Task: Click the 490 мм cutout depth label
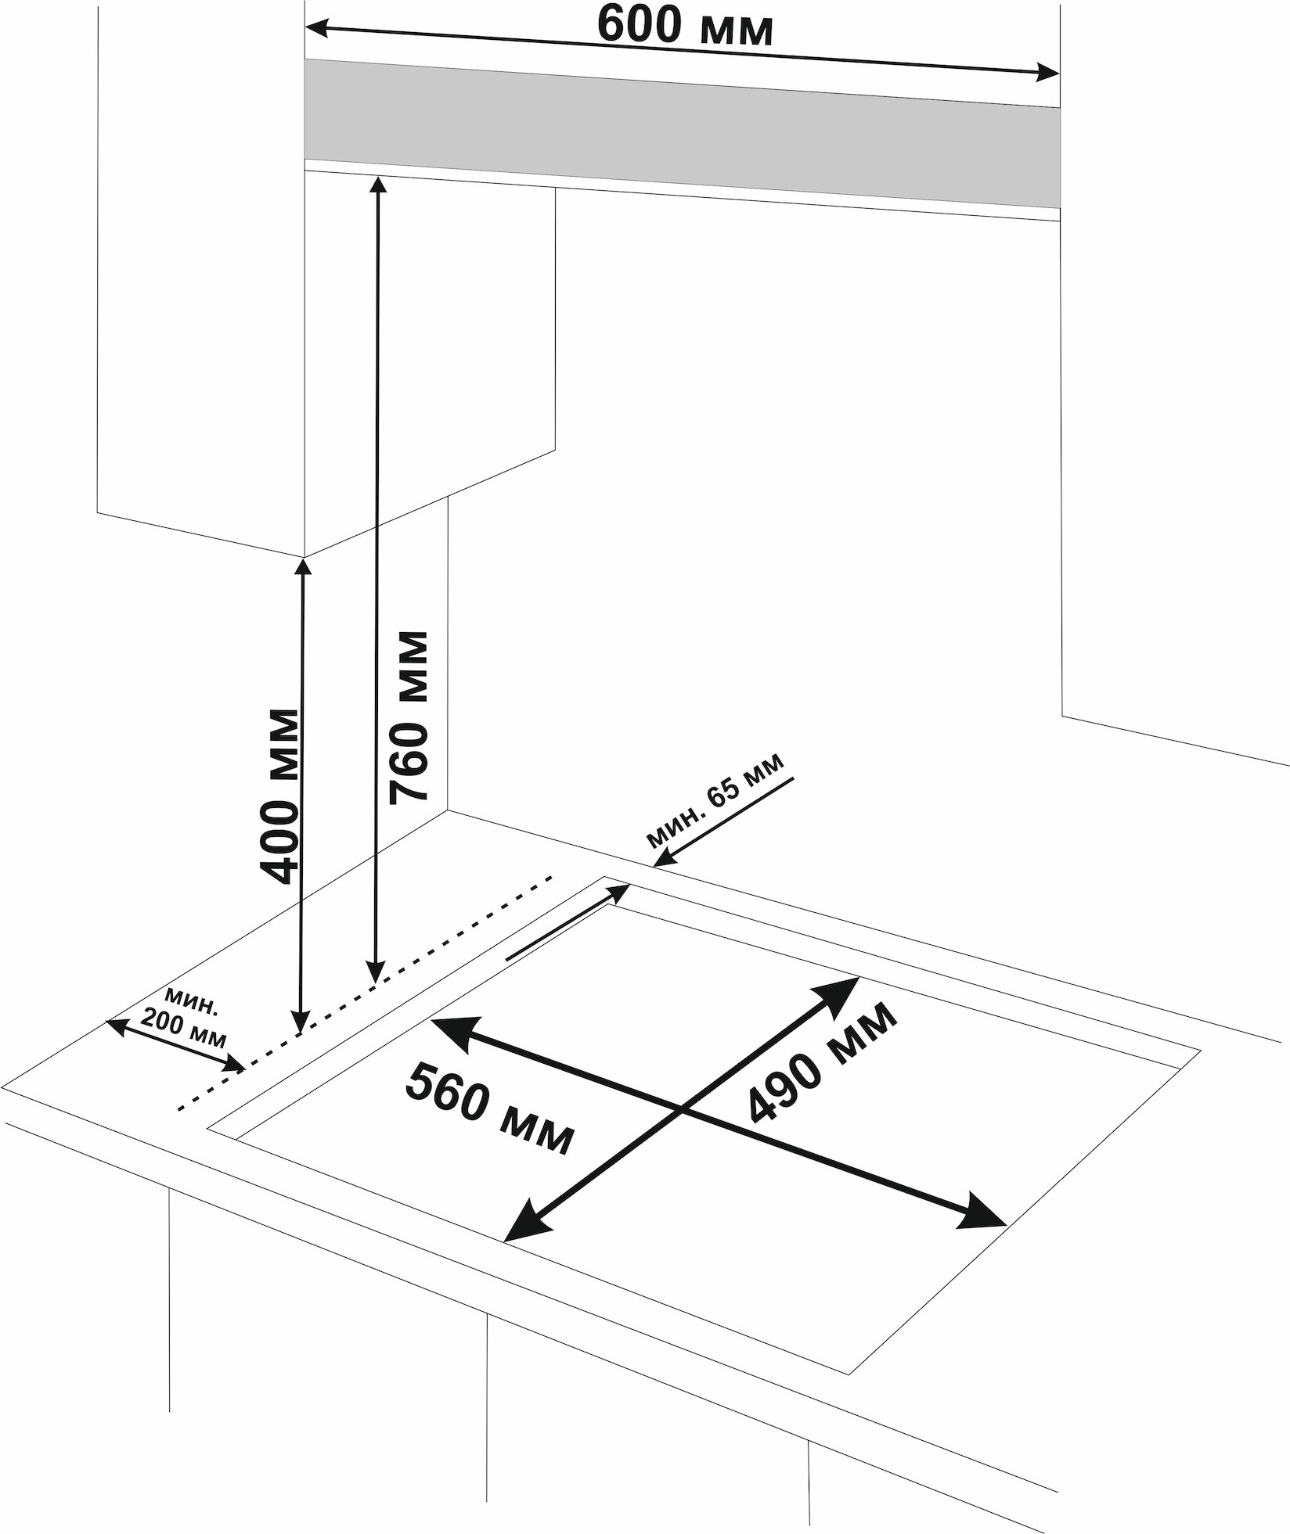[x=820, y=1061]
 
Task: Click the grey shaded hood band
[x=681, y=133]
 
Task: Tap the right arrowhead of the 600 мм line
[x=1050, y=75]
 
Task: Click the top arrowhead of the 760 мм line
[x=378, y=185]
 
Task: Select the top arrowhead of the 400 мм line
[x=303, y=565]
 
